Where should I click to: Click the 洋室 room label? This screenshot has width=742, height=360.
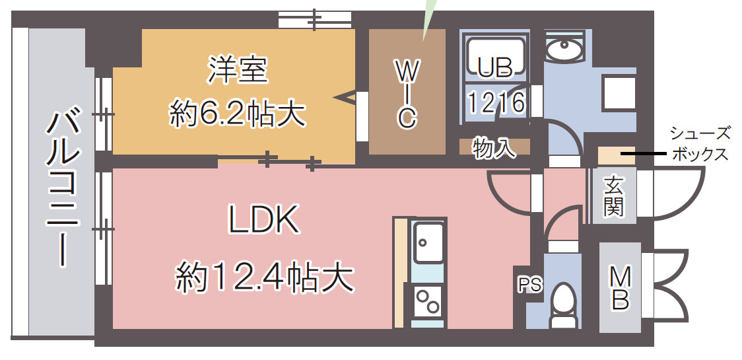click(x=239, y=70)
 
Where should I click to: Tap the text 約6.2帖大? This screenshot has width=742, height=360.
click(x=238, y=114)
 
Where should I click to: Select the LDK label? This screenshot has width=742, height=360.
click(x=264, y=220)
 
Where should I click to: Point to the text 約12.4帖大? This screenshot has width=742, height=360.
click(x=264, y=277)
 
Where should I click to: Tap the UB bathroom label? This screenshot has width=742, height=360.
click(x=496, y=66)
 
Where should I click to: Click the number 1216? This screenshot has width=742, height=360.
click(x=496, y=102)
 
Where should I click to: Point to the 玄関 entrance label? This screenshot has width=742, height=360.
click(x=613, y=196)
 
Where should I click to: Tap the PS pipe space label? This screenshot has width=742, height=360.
click(x=529, y=285)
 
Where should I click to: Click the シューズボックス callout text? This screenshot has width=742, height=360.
click(x=700, y=144)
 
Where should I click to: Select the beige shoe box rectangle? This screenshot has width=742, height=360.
click(x=615, y=157)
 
